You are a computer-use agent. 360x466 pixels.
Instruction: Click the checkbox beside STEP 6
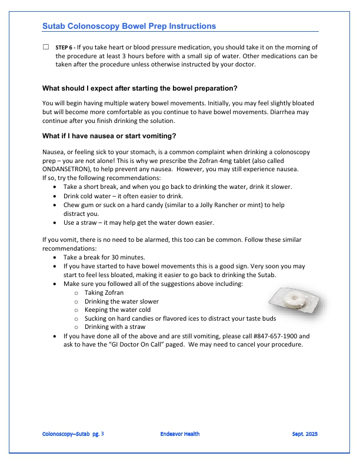coord(46,46)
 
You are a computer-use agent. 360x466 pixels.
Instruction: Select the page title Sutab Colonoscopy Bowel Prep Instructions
coord(129,26)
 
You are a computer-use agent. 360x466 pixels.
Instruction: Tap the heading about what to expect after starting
coord(140,88)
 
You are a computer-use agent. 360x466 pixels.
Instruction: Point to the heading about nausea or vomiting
coord(109,136)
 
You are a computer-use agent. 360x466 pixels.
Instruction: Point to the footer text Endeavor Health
coord(179,434)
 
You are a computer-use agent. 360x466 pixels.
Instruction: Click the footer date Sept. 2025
coord(305,434)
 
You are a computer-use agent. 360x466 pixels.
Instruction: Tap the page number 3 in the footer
coord(103,434)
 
